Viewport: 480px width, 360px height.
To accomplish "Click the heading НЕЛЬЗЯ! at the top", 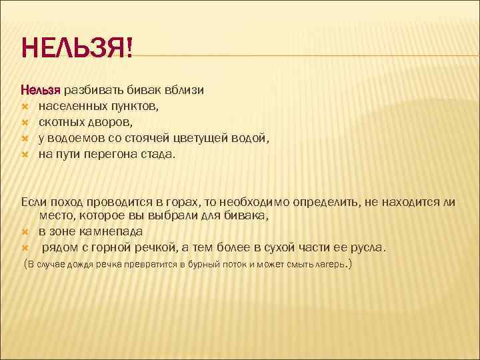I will point(77,48).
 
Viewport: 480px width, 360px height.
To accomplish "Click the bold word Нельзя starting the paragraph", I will point(41,89).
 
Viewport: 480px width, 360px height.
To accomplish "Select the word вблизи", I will point(184,89).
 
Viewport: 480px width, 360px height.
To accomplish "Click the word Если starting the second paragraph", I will point(34,201).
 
